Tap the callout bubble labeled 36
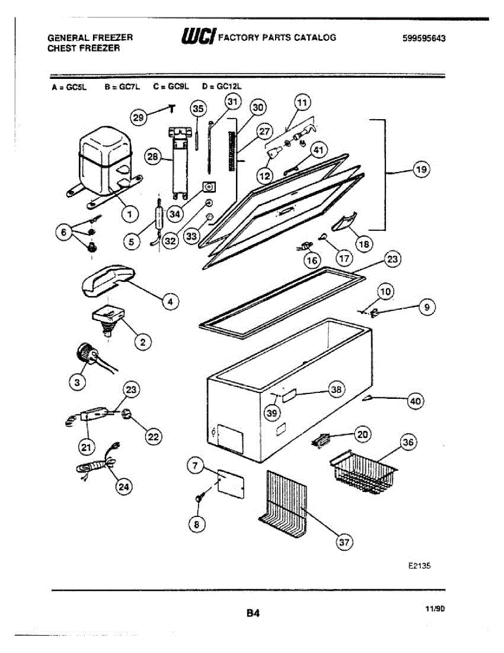408,443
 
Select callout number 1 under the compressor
129,214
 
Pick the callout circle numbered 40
415,402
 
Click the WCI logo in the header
193,38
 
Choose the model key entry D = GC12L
221,86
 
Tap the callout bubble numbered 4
171,301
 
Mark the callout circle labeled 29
139,116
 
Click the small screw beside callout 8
198,497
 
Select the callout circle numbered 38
337,389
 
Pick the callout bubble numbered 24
125,487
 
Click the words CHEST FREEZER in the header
83,48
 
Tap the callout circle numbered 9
427,307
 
